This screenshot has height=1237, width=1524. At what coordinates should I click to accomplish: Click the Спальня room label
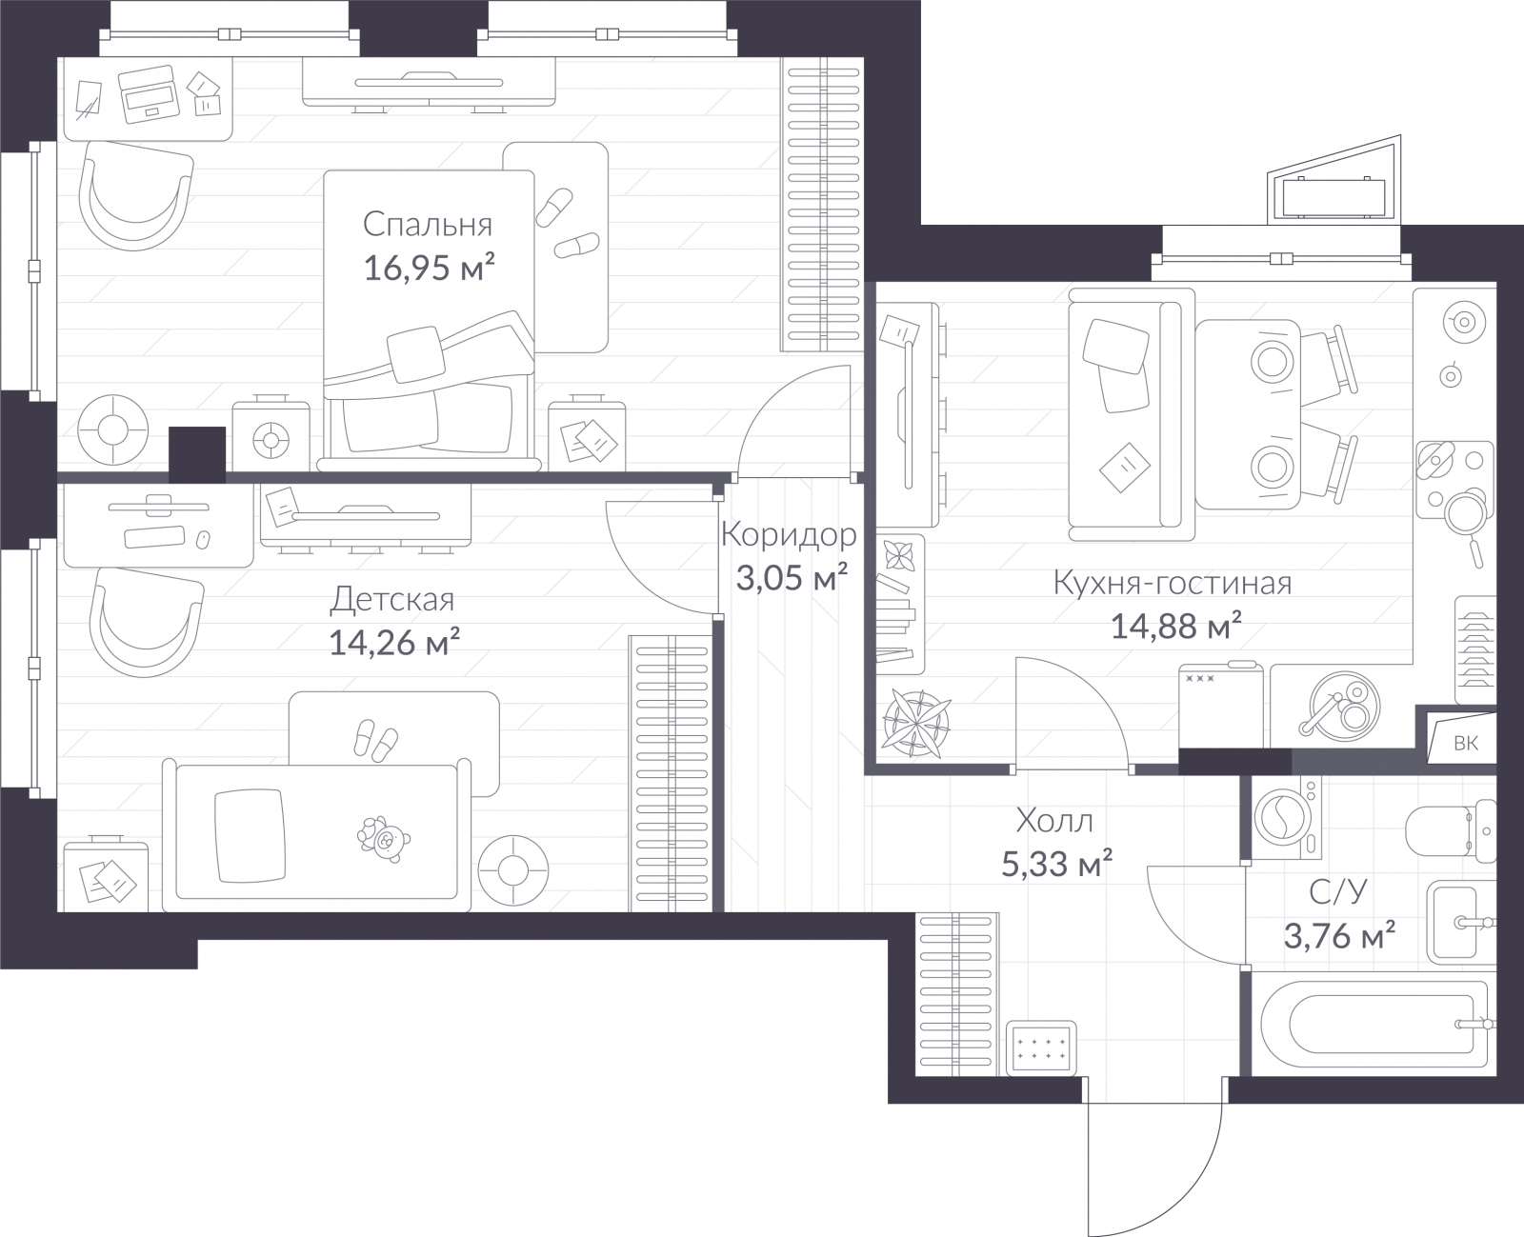(428, 225)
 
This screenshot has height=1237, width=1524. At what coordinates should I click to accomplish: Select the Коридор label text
(789, 535)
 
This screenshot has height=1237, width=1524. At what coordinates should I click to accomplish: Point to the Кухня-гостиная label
(1172, 583)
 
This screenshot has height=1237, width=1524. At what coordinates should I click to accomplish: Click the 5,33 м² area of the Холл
(1056, 864)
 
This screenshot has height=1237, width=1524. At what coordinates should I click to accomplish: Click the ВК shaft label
(1465, 744)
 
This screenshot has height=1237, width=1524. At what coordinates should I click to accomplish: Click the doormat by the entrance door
(1043, 1048)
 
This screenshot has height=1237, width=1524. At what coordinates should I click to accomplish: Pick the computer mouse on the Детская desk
(201, 539)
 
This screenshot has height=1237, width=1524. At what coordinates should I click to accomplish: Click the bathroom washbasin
(1457, 921)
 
